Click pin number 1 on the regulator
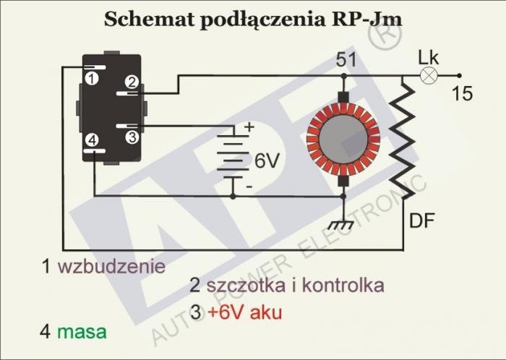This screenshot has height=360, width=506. pyautogui.click(x=92, y=75)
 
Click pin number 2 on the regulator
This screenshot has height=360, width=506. pyautogui.click(x=132, y=82)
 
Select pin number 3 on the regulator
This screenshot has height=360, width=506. pyautogui.click(x=131, y=135)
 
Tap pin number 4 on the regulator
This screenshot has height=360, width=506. pyautogui.click(x=92, y=141)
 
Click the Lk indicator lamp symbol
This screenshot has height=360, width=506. pyautogui.click(x=429, y=74)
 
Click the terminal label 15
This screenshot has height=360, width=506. pyautogui.click(x=462, y=93)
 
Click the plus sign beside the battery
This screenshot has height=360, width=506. pyautogui.click(x=249, y=127)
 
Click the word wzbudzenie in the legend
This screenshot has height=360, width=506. pyautogui.click(x=112, y=265)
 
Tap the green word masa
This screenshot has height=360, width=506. pyautogui.click(x=82, y=332)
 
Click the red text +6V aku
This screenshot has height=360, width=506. pyautogui.click(x=244, y=313)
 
